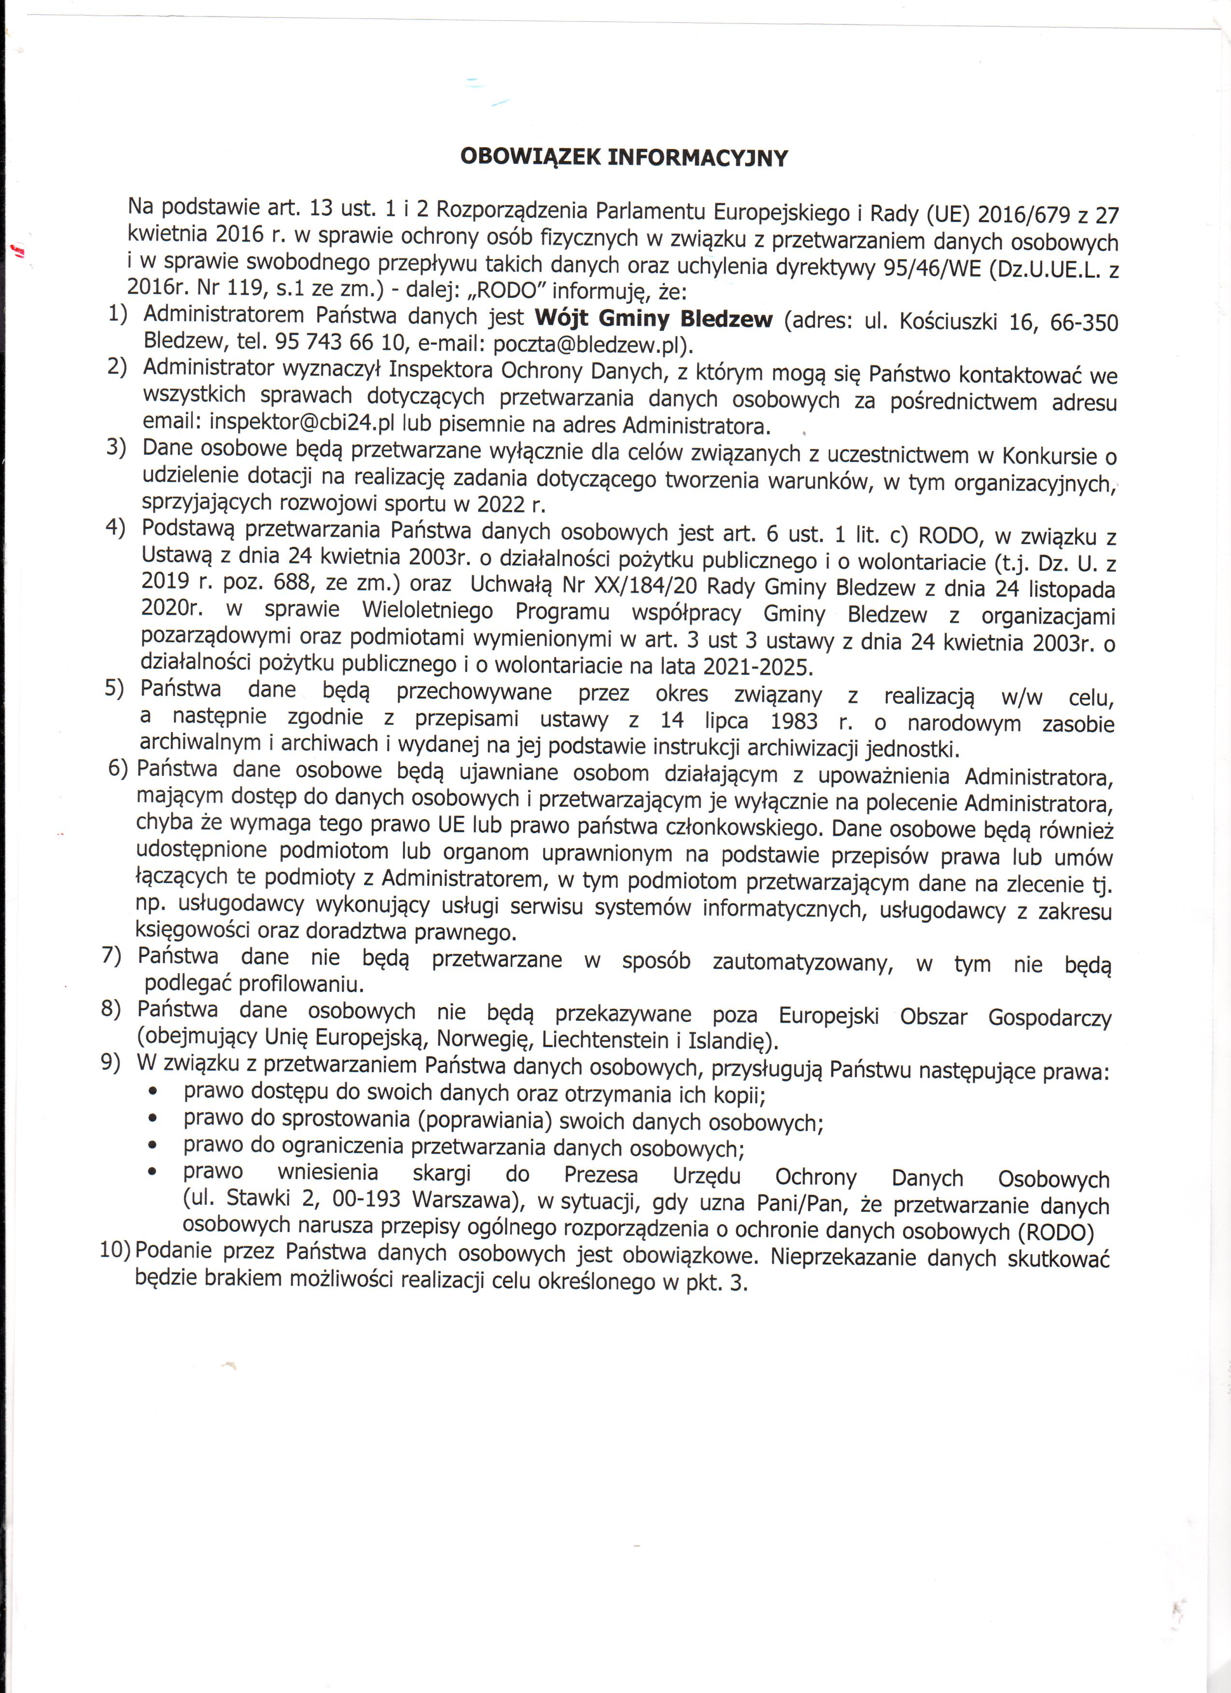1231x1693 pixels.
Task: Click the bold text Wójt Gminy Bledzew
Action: pyautogui.click(x=653, y=320)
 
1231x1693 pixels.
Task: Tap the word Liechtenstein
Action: pyautogui.click(x=605, y=1039)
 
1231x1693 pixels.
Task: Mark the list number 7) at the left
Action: pyautogui.click(x=111, y=956)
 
